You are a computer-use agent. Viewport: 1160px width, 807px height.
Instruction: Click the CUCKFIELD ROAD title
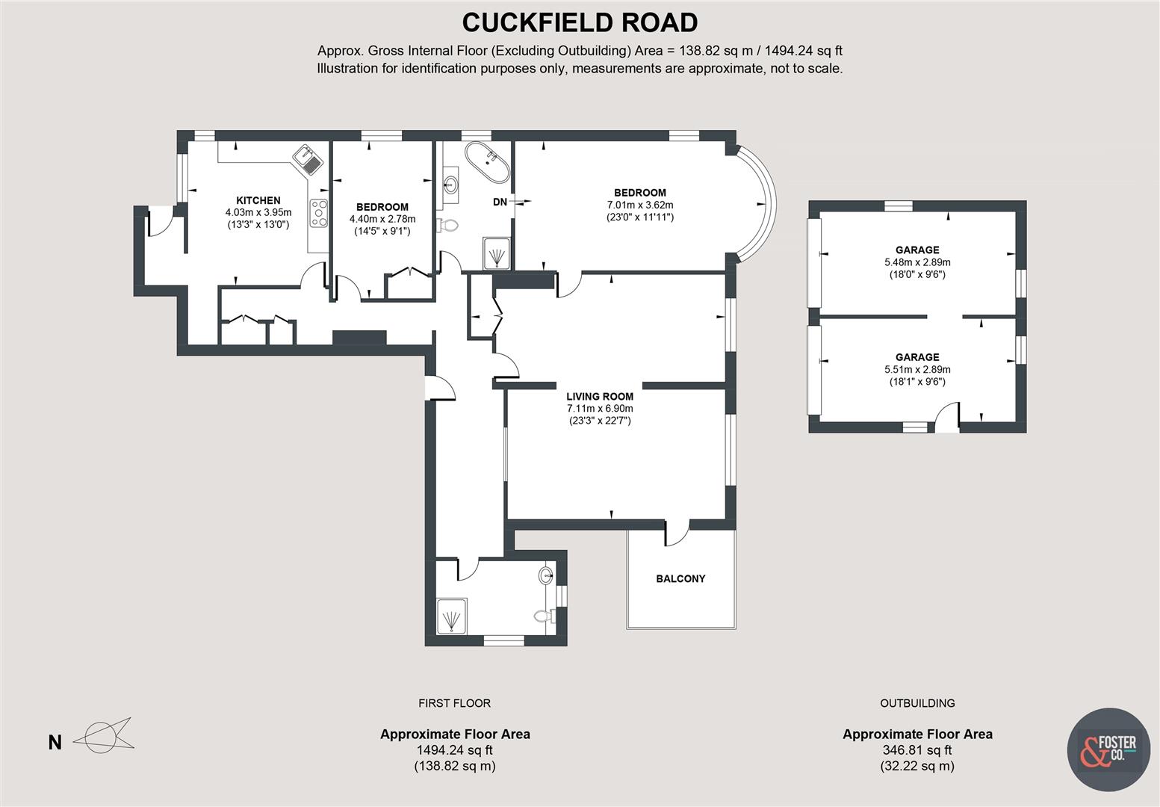(x=580, y=22)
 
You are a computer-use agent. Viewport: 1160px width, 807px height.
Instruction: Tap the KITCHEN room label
(x=258, y=200)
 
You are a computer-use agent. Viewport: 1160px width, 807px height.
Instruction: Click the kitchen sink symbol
(x=308, y=158)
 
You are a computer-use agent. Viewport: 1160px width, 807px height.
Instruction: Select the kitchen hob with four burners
(x=319, y=213)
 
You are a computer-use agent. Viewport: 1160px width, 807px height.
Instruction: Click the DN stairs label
(x=500, y=202)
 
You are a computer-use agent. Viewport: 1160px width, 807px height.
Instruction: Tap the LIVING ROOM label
(x=599, y=397)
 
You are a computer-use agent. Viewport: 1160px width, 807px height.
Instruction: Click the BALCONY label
(x=680, y=578)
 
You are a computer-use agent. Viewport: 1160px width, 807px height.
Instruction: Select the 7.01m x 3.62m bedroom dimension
(x=640, y=205)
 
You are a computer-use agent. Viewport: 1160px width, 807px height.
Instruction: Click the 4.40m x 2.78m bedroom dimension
(x=382, y=219)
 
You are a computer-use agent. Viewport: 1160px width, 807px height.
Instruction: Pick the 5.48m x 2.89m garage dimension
(x=916, y=262)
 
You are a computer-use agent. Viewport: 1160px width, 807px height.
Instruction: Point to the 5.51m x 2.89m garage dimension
(x=916, y=369)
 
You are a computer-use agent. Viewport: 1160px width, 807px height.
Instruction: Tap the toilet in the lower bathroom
(x=545, y=616)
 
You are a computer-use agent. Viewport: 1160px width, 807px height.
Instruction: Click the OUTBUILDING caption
(x=916, y=703)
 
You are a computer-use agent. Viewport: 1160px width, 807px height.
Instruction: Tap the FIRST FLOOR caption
(x=454, y=703)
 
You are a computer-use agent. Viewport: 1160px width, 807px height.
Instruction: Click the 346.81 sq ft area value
(x=916, y=750)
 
